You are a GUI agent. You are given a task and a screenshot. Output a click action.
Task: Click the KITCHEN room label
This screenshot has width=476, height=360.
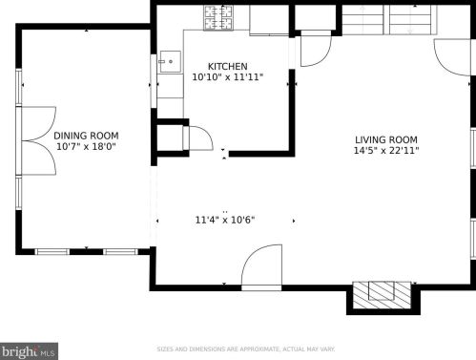227,66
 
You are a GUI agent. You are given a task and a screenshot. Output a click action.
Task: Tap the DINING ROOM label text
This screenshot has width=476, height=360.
86,136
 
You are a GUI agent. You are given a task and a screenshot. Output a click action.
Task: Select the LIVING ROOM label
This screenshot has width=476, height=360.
386,139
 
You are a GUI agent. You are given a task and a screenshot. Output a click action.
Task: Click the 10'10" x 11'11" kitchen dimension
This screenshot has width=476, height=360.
228,77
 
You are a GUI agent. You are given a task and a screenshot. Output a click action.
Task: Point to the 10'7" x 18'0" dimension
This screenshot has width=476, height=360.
86,147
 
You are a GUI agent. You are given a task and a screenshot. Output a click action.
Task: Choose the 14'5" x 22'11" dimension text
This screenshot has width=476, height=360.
386,150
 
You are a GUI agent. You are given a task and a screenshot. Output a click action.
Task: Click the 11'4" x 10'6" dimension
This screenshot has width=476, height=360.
225,220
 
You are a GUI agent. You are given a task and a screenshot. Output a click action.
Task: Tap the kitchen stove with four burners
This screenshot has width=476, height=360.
218,18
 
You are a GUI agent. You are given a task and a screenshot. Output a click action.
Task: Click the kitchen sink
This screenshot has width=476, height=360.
170,62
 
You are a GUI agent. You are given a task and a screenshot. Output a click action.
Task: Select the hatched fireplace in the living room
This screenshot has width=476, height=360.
382,295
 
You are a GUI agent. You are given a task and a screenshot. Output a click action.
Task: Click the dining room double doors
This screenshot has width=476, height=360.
39,140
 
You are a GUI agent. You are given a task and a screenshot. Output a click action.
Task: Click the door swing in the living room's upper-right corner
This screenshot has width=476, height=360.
452,57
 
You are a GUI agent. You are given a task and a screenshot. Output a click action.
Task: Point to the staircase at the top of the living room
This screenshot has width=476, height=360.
389,20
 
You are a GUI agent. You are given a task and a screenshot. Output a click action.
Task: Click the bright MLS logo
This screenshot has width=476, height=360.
29,351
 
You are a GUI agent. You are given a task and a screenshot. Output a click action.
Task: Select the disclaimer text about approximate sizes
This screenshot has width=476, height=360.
246,349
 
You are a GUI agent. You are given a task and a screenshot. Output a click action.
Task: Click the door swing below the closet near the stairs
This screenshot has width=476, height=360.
316,49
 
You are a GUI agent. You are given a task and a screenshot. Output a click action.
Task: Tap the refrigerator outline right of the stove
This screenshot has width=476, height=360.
269,20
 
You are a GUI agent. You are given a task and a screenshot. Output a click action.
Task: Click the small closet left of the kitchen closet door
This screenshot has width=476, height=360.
170,138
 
